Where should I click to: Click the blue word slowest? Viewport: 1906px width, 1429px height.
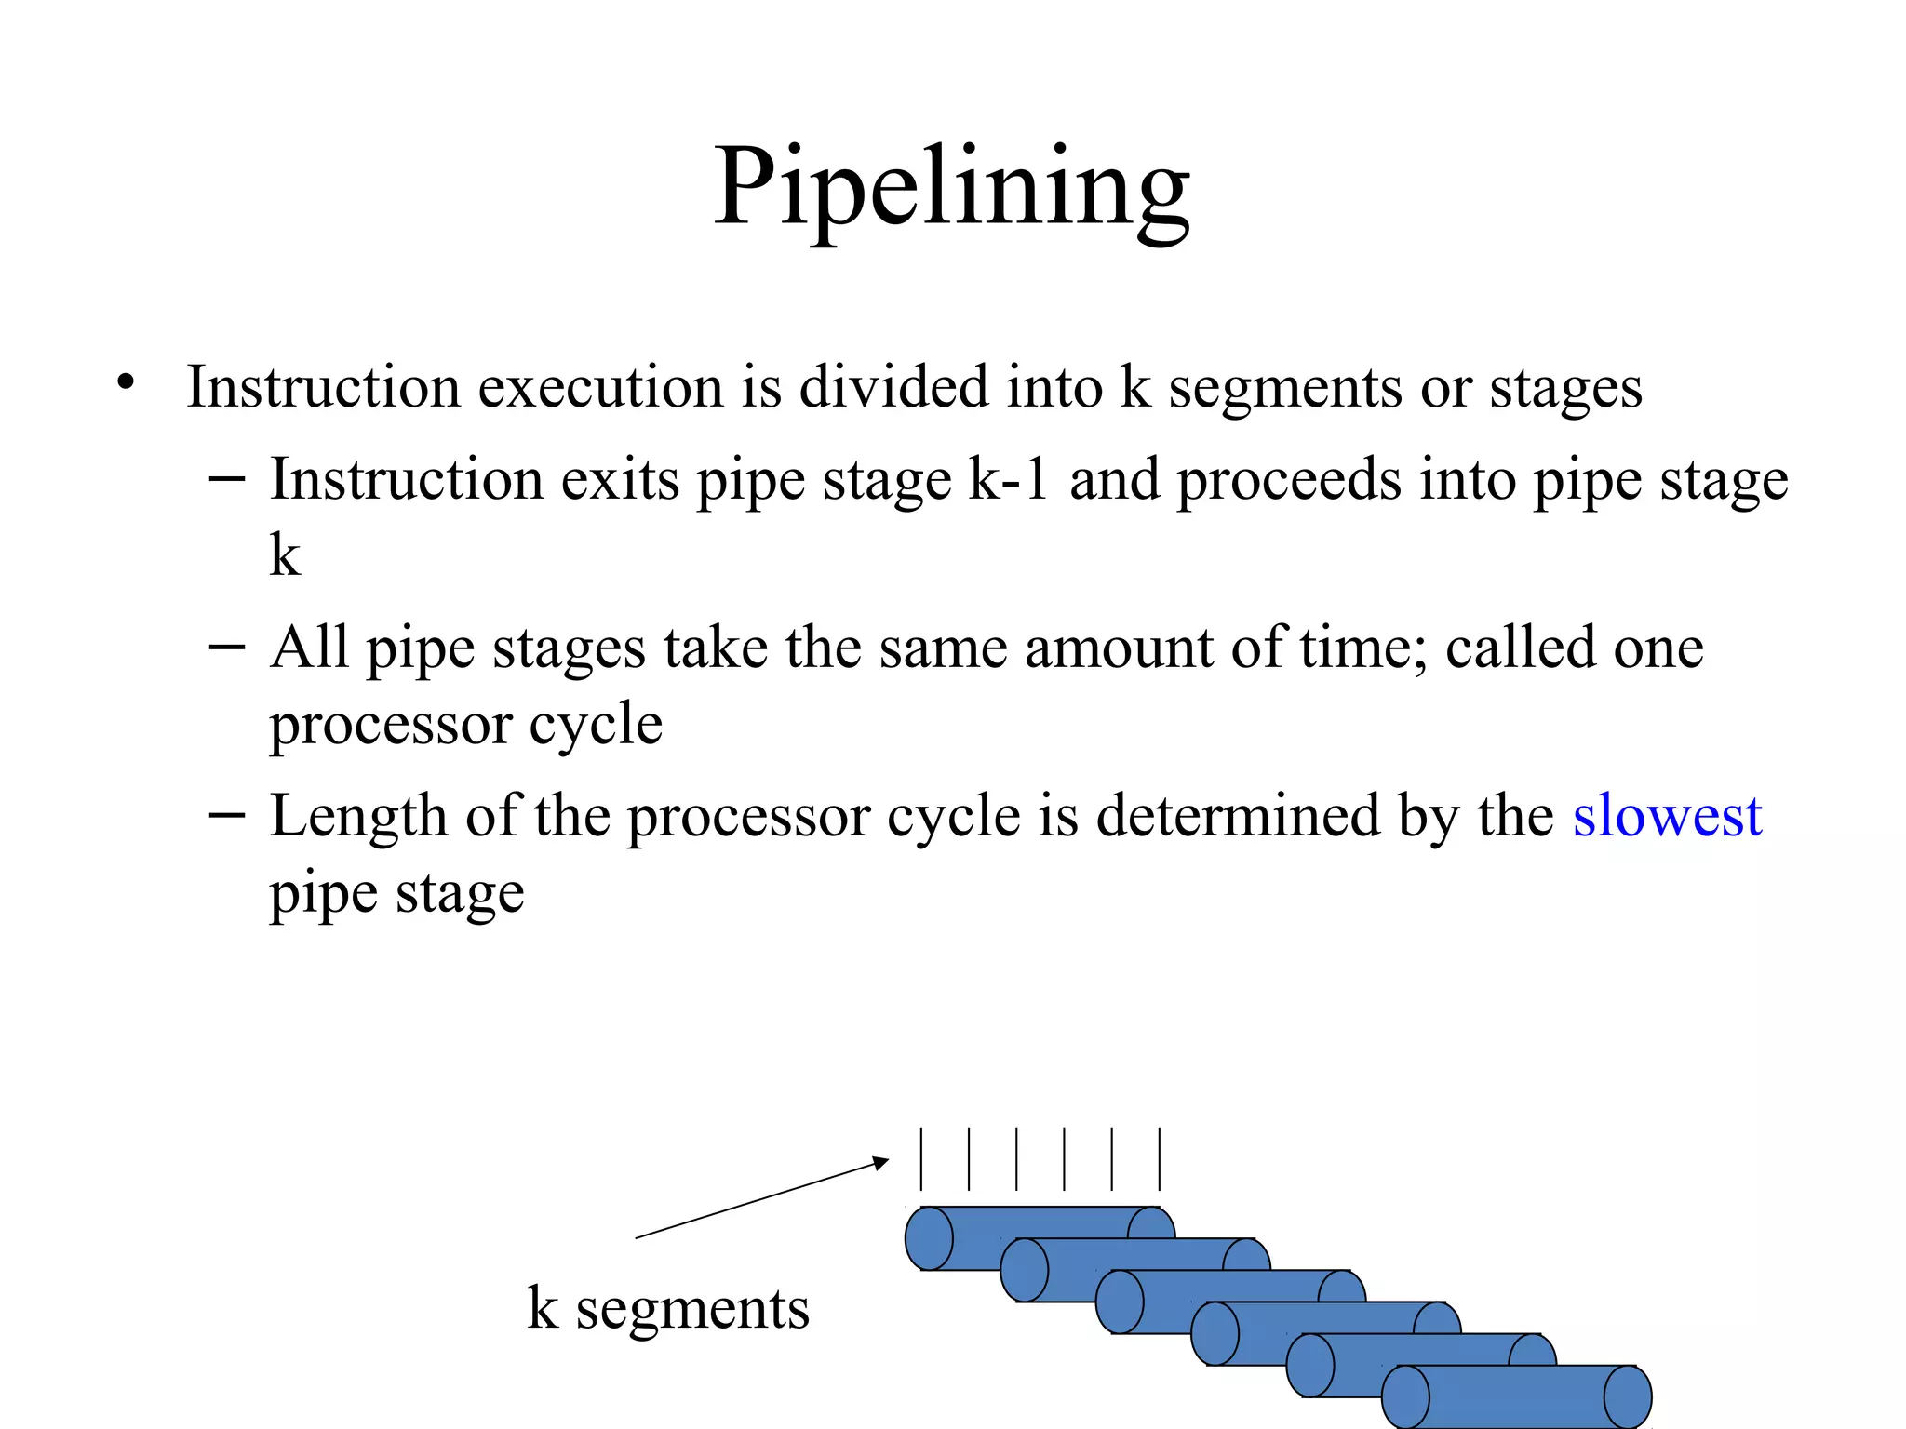(1667, 817)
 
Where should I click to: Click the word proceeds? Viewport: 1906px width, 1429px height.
(1289, 482)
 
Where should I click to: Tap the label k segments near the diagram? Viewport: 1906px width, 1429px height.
(668, 1309)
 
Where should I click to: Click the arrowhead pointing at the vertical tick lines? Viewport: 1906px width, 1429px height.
(880, 1162)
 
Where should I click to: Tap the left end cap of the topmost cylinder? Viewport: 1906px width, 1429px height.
(929, 1238)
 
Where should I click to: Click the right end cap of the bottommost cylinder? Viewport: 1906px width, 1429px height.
(1628, 1396)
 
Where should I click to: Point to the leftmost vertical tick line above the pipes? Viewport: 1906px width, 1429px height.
(921, 1158)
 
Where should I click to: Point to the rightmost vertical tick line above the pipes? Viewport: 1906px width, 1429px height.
(1160, 1158)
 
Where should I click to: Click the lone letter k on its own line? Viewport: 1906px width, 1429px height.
(285, 555)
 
